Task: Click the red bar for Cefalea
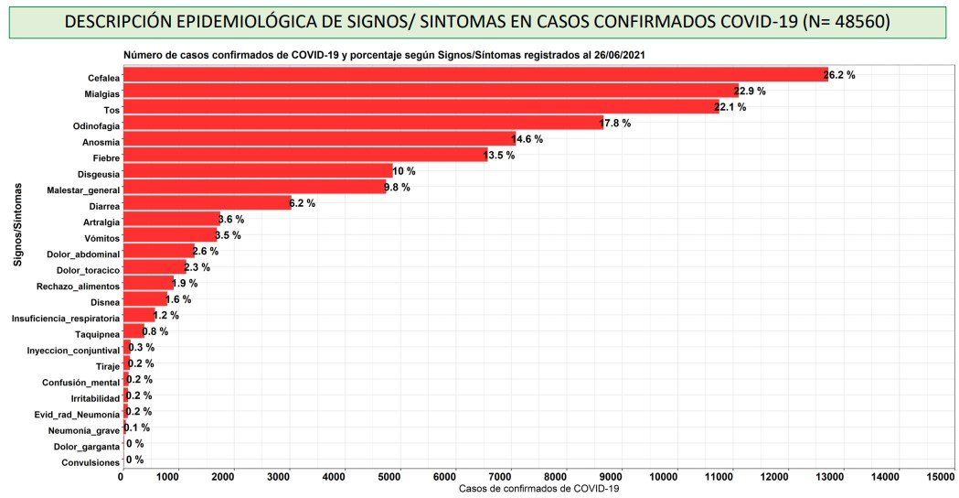475,75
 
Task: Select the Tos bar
421,107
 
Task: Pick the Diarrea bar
206,203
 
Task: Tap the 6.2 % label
303,203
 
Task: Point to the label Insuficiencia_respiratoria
65,318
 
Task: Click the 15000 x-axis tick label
940,476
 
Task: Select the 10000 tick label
677,476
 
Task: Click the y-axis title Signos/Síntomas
18,224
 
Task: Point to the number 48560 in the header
851,21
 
